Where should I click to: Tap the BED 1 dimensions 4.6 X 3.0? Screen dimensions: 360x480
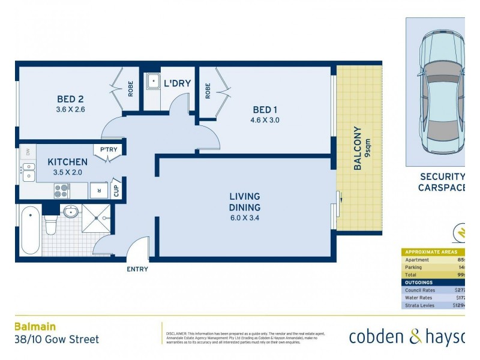(266, 120)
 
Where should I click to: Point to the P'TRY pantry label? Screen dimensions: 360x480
(109, 150)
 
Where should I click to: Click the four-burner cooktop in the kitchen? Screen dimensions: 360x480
(62, 191)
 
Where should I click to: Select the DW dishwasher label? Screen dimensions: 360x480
(28, 152)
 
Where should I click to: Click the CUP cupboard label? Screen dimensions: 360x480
(116, 190)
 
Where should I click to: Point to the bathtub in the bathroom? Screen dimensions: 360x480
(30, 230)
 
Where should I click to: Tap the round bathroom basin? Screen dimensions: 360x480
(71, 211)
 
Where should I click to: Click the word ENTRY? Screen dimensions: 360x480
(137, 269)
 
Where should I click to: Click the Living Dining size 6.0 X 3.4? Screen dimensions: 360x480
(244, 218)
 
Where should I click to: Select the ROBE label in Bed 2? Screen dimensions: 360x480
(130, 89)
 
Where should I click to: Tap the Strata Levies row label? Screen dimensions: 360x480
(420, 305)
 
